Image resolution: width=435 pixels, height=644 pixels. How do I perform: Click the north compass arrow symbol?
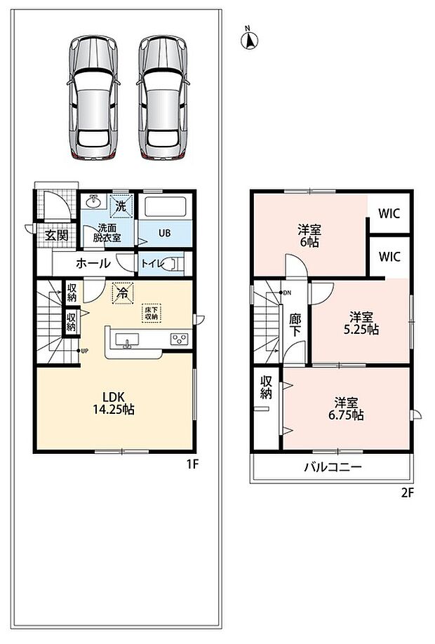(249, 40)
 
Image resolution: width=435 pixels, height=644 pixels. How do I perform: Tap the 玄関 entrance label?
(56, 235)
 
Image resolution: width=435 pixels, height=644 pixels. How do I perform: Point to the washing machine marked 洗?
(121, 206)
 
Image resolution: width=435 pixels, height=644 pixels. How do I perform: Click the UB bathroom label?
(164, 233)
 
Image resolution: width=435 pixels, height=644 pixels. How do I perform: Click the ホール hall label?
(93, 263)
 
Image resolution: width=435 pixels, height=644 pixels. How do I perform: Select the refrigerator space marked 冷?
(123, 293)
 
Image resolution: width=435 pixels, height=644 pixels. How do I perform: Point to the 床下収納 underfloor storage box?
(151, 313)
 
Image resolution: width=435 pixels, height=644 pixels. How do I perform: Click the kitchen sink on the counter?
(127, 340)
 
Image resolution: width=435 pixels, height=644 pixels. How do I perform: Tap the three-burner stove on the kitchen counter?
(180, 339)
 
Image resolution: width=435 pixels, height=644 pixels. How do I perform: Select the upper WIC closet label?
(389, 213)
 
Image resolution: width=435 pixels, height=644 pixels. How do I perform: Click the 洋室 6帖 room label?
(309, 235)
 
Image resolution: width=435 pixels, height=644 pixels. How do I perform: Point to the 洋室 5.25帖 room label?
(361, 323)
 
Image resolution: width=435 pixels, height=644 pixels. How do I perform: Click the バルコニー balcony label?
(333, 467)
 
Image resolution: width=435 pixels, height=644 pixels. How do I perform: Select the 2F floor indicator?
(407, 492)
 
